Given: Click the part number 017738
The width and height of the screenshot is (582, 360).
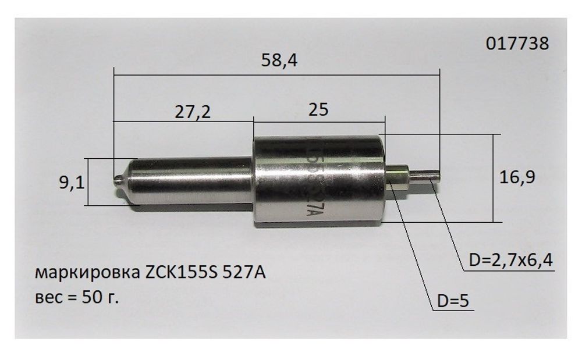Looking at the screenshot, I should pyautogui.click(x=516, y=44).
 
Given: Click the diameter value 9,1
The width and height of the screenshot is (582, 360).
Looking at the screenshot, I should pyautogui.click(x=72, y=184).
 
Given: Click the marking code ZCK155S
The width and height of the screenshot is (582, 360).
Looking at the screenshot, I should pyautogui.click(x=178, y=272).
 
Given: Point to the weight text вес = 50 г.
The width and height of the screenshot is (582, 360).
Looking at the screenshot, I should pyautogui.click(x=77, y=297).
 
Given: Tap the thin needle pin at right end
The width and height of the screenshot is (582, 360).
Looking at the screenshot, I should pyautogui.click(x=428, y=174).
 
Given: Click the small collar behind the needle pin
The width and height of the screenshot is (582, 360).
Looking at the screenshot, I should pyautogui.click(x=398, y=176).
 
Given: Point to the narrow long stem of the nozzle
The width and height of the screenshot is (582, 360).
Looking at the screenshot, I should pyautogui.click(x=186, y=180).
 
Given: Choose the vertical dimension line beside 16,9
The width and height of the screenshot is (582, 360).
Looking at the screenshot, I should pyautogui.click(x=493, y=177).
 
